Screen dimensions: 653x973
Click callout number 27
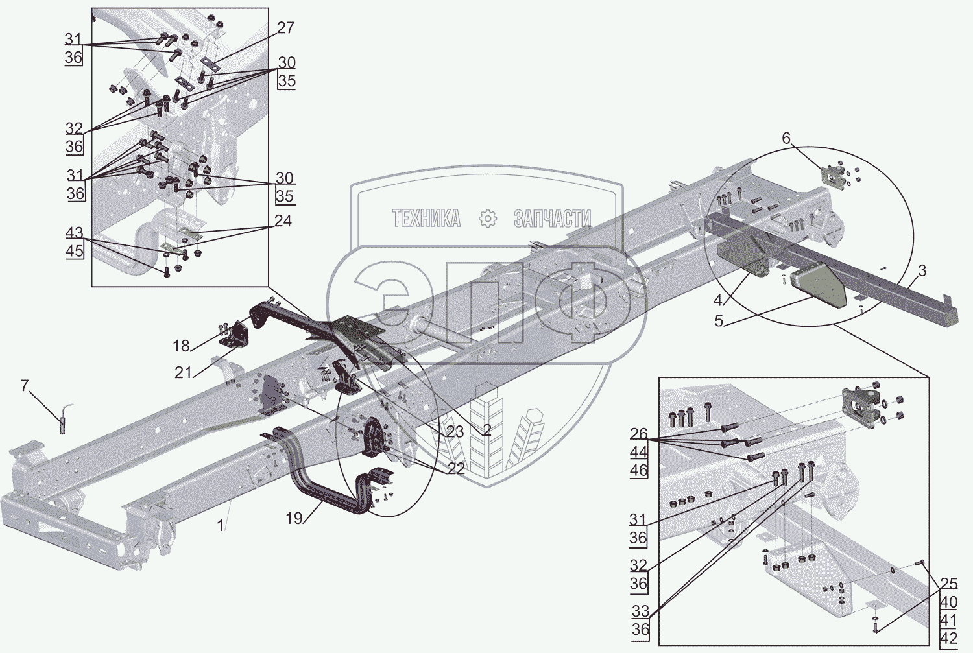(285, 28)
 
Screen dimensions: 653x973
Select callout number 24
(283, 221)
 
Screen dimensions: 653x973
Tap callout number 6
(786, 138)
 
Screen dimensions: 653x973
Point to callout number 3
(922, 270)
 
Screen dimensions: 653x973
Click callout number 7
(25, 386)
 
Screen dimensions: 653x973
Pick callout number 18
(181, 346)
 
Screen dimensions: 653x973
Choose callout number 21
(184, 372)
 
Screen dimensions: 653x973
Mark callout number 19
(294, 518)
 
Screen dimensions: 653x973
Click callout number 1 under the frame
(221, 525)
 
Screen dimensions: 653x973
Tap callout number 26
(638, 434)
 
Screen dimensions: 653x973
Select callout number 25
(948, 584)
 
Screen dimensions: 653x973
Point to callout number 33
(640, 611)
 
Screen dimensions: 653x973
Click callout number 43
(75, 233)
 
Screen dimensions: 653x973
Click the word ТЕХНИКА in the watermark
(426, 219)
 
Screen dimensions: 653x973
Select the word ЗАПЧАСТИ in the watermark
(552, 219)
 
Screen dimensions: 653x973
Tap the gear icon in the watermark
(488, 219)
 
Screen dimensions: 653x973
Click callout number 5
(719, 320)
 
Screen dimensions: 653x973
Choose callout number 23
(455, 431)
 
